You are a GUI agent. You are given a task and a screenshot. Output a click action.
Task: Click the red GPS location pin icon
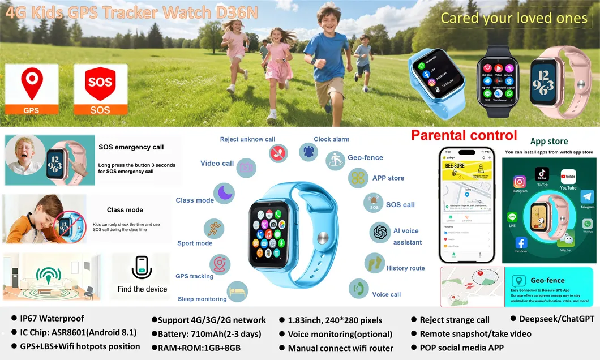31,84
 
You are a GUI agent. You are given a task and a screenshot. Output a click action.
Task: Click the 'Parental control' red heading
464,135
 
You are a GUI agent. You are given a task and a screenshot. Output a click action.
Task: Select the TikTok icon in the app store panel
542,174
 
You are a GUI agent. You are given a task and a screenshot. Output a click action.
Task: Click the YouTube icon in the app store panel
568,177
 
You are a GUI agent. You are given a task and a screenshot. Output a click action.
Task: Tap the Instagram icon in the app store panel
520,182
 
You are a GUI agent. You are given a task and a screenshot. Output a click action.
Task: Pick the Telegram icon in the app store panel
587,197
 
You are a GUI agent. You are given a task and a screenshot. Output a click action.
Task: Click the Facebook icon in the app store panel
521,243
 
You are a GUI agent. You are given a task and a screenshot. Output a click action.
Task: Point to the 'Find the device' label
142,289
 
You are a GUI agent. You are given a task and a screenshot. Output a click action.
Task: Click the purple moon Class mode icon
224,193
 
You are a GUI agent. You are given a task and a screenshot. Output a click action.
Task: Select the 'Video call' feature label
217,164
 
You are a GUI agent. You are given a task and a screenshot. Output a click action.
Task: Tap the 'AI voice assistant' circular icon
380,232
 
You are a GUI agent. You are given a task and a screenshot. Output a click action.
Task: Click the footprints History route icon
374,263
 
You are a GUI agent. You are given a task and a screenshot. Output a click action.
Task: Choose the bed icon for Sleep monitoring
237,292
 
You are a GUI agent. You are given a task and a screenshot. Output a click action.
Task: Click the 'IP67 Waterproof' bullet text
53,319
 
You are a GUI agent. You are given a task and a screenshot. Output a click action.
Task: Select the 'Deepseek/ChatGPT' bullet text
556,319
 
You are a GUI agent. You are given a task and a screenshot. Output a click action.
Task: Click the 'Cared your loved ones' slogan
514,18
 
